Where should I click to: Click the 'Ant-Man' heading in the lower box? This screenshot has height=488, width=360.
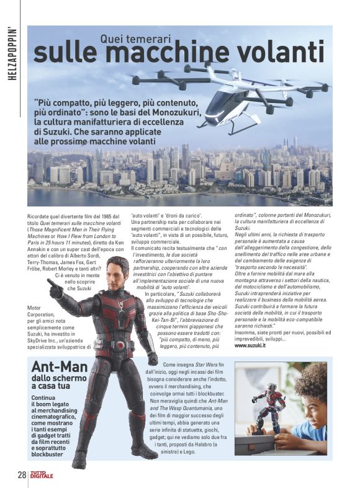pyautogui.click(x=61, y=366)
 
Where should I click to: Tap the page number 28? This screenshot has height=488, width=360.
pyautogui.click(x=22, y=476)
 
